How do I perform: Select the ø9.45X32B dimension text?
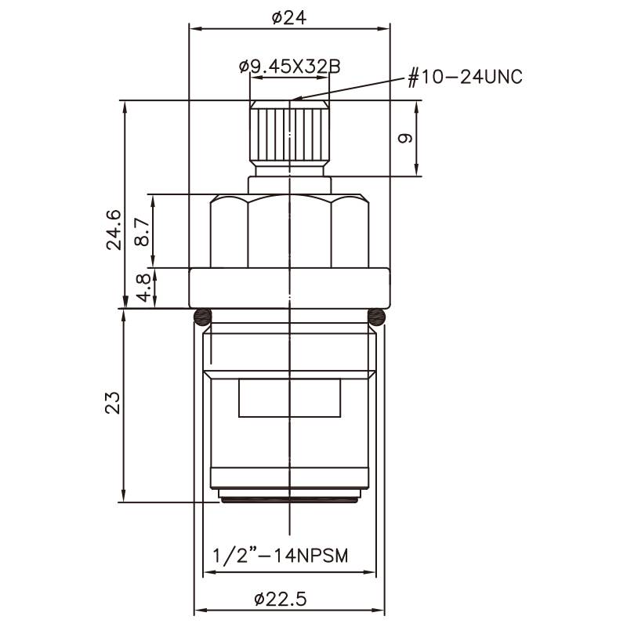point(289,67)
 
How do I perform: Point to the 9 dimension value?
point(405,139)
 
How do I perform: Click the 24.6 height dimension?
point(114,229)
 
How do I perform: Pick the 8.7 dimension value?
point(143,233)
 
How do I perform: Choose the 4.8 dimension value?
point(143,288)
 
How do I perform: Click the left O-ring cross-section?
point(202,317)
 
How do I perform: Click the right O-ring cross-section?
point(377,317)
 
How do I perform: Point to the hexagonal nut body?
point(289,232)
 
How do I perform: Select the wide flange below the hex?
point(289,288)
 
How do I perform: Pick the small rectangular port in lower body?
point(289,398)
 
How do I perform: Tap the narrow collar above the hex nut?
point(289,185)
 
